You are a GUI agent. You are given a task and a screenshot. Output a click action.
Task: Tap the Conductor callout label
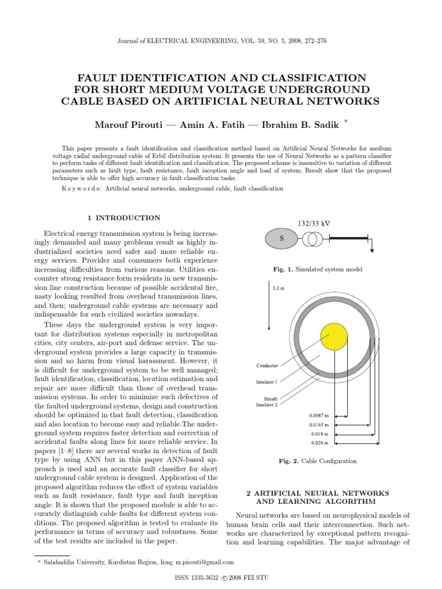point(266,366)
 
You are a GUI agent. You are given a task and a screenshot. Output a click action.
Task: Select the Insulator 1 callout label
point(266,381)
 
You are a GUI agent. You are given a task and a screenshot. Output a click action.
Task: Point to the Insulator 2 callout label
point(266,404)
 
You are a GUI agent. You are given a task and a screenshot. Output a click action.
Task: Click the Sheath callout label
point(270,398)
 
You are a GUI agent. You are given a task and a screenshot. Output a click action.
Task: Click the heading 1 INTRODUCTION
point(124,218)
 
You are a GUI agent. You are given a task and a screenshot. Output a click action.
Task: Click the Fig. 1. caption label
point(283,269)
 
